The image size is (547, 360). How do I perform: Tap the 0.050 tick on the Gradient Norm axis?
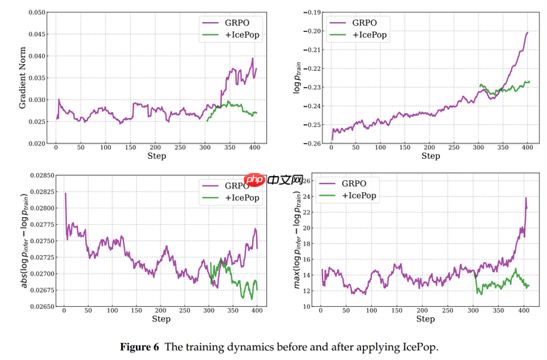(36, 13)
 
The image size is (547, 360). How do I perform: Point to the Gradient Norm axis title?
(22, 78)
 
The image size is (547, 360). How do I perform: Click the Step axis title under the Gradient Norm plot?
(157, 156)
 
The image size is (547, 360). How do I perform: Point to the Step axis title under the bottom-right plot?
(425, 319)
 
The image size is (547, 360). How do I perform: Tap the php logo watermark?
(255, 180)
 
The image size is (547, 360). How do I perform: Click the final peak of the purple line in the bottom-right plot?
(526, 198)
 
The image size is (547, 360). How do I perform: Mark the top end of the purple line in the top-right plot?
(528, 32)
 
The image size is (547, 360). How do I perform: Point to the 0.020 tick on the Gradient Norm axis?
(36, 143)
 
